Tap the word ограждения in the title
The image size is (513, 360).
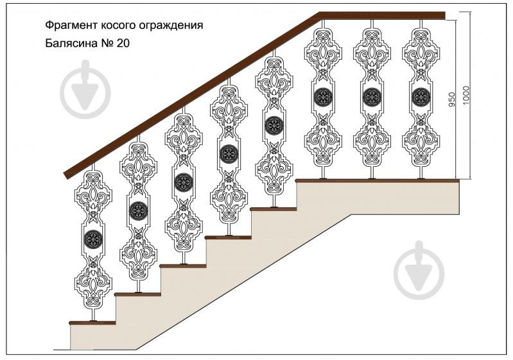(172, 26)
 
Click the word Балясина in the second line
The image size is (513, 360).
(71, 44)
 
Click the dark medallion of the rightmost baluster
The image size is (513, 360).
(421, 97)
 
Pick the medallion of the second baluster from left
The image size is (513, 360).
(138, 210)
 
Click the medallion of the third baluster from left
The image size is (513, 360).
(183, 182)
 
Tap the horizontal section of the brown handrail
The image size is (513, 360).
(383, 15)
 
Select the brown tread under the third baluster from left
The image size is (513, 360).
(182, 265)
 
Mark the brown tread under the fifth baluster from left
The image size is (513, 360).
(273, 208)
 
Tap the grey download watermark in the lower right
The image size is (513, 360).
(420, 268)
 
